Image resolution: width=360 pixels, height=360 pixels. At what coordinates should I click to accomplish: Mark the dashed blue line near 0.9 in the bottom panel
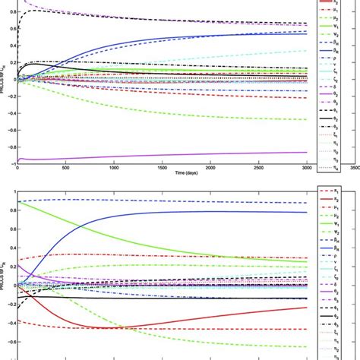[x=190, y=201]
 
